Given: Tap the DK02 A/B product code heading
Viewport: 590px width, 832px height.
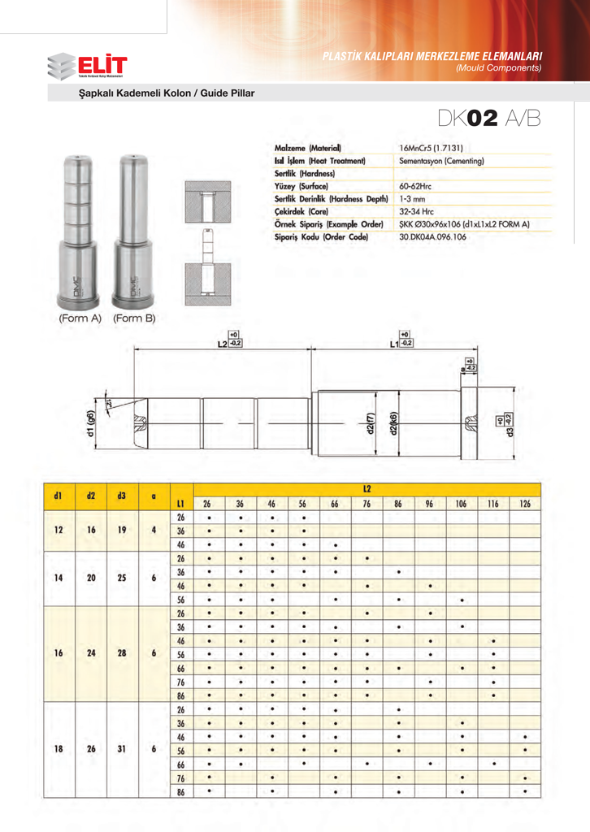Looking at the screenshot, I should point(488,119).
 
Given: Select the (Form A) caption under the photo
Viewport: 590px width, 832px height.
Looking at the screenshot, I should point(80,318).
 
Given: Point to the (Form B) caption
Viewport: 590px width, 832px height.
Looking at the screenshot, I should point(134,318).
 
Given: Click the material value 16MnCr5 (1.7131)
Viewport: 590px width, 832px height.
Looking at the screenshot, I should point(436,149).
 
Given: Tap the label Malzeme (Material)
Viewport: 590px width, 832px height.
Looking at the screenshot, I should point(307,149).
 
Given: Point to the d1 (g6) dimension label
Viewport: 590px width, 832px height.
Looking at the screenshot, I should point(92,424).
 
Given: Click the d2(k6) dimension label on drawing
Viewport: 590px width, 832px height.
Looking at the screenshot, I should point(393,425).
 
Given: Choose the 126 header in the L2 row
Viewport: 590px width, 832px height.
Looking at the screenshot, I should point(525,505).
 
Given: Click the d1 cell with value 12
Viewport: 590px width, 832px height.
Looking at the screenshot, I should point(59,531).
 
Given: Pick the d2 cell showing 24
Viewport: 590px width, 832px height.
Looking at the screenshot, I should point(91,654).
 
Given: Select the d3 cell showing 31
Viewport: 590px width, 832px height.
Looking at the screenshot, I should point(122,750).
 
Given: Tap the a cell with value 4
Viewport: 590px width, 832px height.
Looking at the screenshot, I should point(154,531).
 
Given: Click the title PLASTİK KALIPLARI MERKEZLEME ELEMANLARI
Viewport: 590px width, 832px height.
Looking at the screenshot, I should point(432,57).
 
